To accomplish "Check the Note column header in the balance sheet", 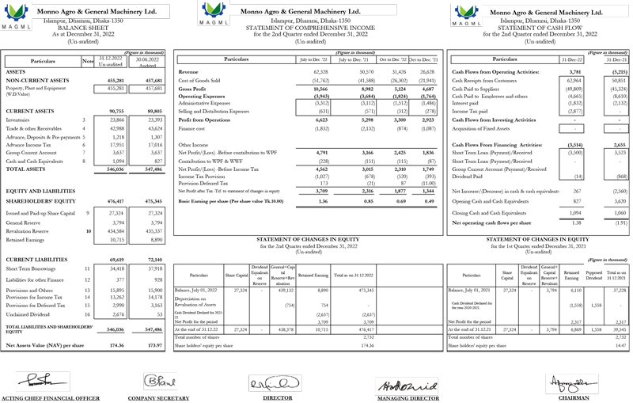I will (87, 60).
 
